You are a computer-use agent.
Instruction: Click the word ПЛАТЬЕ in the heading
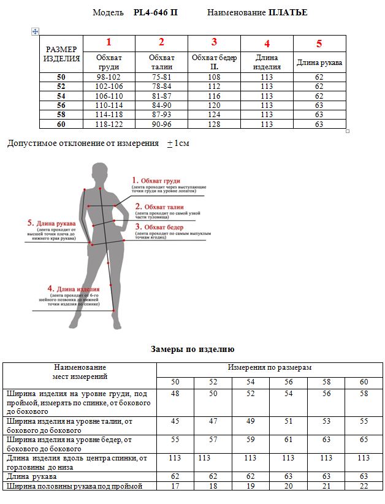(288, 12)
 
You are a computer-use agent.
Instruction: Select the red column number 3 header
(214, 42)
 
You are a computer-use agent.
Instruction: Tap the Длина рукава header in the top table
(319, 63)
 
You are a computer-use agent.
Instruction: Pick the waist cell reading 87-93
(161, 115)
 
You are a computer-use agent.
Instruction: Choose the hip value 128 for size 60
(214, 124)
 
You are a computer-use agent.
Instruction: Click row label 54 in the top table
(61, 96)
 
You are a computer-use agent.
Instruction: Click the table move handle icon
(35, 31)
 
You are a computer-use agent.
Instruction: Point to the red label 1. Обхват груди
(156, 181)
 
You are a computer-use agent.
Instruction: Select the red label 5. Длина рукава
(51, 223)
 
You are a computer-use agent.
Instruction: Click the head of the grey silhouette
(97, 174)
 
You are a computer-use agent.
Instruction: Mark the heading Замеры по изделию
(192, 349)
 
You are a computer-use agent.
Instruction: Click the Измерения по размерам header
(270, 367)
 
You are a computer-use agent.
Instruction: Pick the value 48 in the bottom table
(175, 393)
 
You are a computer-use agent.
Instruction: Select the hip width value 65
(364, 440)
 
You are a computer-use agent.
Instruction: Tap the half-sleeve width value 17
(175, 486)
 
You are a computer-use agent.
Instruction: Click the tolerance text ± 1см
(178, 143)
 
